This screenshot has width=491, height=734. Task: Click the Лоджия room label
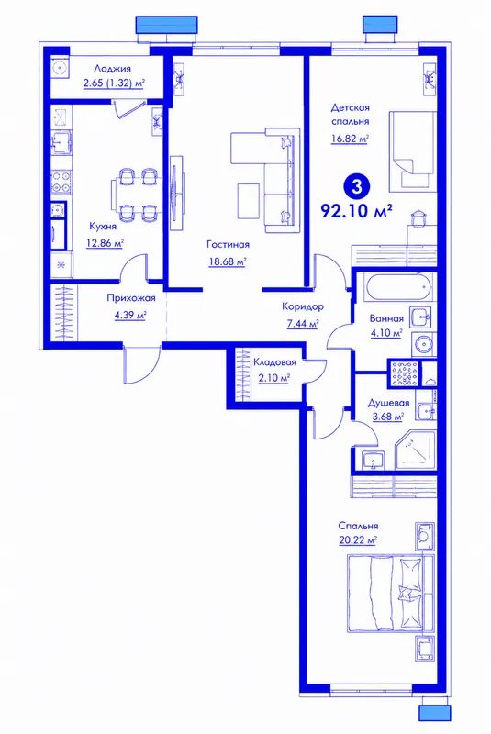112,69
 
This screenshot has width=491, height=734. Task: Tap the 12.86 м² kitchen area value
105,243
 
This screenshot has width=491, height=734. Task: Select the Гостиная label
228,244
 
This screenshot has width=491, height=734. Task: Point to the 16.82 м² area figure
350,139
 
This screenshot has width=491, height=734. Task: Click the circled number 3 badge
357,187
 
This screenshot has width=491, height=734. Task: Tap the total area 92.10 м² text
356,211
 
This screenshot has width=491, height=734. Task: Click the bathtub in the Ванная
398,287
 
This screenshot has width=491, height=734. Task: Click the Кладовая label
274,362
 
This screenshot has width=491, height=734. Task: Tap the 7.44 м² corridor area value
303,324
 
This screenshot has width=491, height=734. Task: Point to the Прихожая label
131,298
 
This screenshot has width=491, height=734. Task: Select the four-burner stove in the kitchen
61,183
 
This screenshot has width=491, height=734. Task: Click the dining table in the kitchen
136,195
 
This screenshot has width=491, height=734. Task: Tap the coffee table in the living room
248,201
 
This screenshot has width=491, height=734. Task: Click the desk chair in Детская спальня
418,217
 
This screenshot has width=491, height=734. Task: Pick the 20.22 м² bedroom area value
358,540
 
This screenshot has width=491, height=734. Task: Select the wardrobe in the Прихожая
64,313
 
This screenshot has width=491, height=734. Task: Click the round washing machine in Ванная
425,345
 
